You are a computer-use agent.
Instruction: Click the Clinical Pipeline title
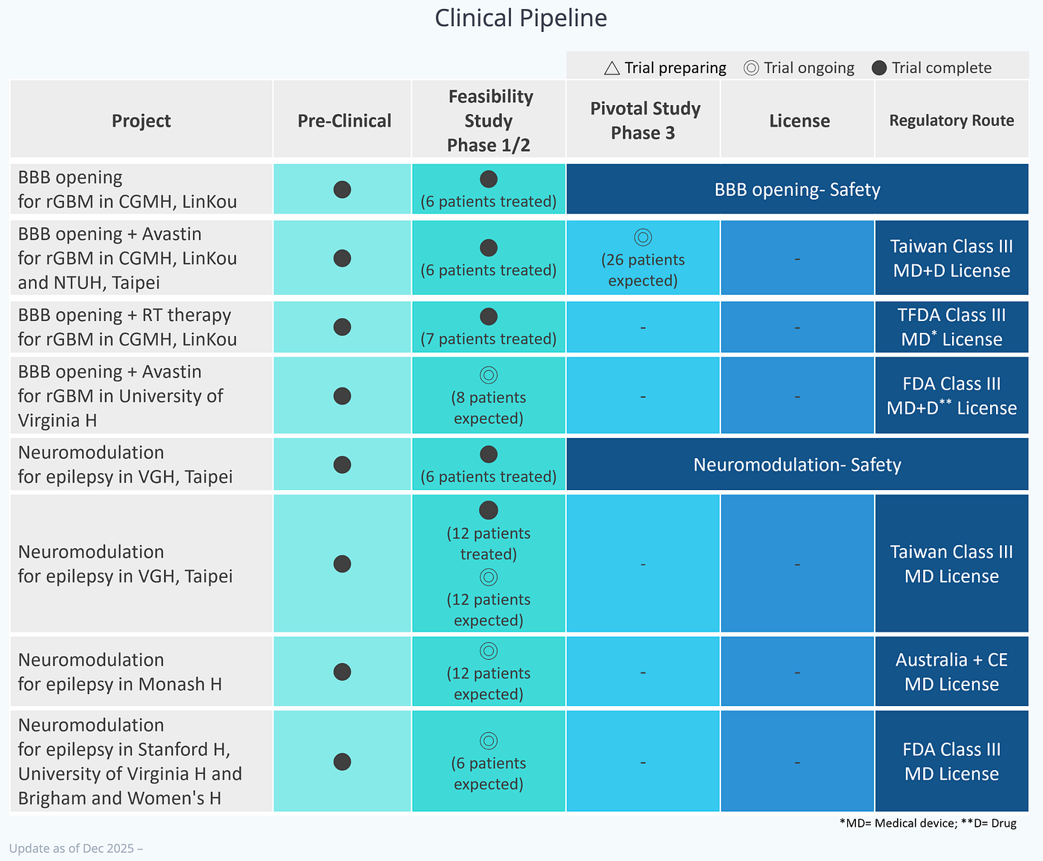tap(521, 19)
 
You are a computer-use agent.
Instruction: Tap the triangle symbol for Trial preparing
tap(612, 68)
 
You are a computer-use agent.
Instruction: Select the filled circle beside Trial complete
tap(879, 68)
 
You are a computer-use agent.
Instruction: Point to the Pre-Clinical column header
tap(344, 121)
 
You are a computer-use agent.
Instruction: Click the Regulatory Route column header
tap(951, 121)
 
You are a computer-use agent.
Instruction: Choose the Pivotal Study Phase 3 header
tap(645, 121)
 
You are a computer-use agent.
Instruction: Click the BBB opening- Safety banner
tap(797, 189)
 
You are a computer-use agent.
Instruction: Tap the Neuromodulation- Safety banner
tap(797, 465)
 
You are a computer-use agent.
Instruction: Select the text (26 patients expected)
tap(643, 270)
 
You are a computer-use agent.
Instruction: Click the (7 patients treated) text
tap(489, 339)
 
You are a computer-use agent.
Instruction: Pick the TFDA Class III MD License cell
tap(951, 327)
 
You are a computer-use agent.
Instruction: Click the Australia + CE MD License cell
tap(951, 672)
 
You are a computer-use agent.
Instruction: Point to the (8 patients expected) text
tap(489, 408)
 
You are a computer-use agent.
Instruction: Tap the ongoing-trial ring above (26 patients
tap(643, 238)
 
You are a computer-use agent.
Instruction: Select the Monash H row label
tap(120, 672)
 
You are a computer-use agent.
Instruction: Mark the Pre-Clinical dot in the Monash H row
tap(342, 672)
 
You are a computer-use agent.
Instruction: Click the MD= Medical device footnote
tap(928, 823)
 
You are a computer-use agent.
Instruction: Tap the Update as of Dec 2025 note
tap(76, 848)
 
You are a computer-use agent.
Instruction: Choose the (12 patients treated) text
tap(489, 544)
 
